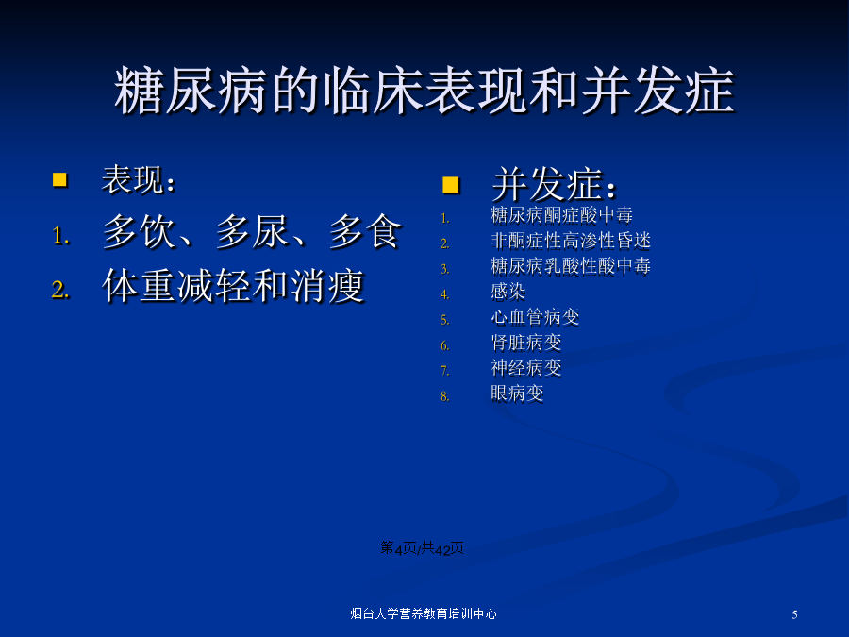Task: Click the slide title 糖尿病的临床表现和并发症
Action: pyautogui.click(x=424, y=91)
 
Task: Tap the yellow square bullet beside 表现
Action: pyautogui.click(x=59, y=180)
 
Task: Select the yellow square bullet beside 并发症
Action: pyautogui.click(x=451, y=185)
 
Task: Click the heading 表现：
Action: pyautogui.click(x=139, y=180)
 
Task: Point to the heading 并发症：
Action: pyautogui.click(x=555, y=184)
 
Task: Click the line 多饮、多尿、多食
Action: pyautogui.click(x=252, y=232)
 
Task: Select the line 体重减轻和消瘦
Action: pyautogui.click(x=233, y=285)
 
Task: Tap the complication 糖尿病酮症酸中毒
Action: pyautogui.click(x=561, y=215)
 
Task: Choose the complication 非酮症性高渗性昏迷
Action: pyautogui.click(x=571, y=241)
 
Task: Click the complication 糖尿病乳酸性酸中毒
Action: pyautogui.click(x=571, y=266)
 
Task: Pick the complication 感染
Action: pyautogui.click(x=508, y=292)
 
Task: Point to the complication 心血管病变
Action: pyautogui.click(x=535, y=317)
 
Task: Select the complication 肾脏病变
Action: pyautogui.click(x=525, y=343)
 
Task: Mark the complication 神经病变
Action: pyautogui.click(x=525, y=368)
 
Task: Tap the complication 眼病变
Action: pyautogui.click(x=517, y=394)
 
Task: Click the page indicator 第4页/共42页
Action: pyautogui.click(x=422, y=548)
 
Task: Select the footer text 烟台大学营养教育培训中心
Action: pyautogui.click(x=424, y=613)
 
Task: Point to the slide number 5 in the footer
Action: pyautogui.click(x=794, y=614)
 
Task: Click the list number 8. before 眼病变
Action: pyautogui.click(x=445, y=396)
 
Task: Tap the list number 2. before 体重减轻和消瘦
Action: pyautogui.click(x=60, y=290)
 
